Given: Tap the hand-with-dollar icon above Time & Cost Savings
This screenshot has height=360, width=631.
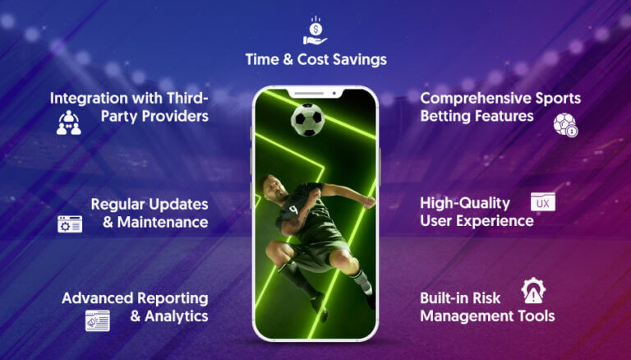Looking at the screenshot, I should (x=315, y=32).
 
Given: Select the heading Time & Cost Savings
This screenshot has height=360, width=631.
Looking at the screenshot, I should (x=315, y=59).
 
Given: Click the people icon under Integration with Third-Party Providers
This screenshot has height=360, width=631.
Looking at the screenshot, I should (x=69, y=122).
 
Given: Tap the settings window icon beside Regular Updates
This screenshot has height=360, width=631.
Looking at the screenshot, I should (x=70, y=224).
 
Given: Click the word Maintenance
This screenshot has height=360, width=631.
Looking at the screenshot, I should (x=167, y=222).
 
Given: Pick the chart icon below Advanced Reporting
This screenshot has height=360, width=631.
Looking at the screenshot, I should (x=97, y=321).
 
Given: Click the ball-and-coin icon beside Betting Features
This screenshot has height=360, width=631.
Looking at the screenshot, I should (x=564, y=124).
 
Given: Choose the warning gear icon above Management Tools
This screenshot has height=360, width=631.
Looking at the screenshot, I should (x=533, y=291).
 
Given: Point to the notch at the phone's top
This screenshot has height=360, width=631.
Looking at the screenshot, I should (x=315, y=92).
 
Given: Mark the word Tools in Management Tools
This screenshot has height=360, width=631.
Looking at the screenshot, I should (x=536, y=316).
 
